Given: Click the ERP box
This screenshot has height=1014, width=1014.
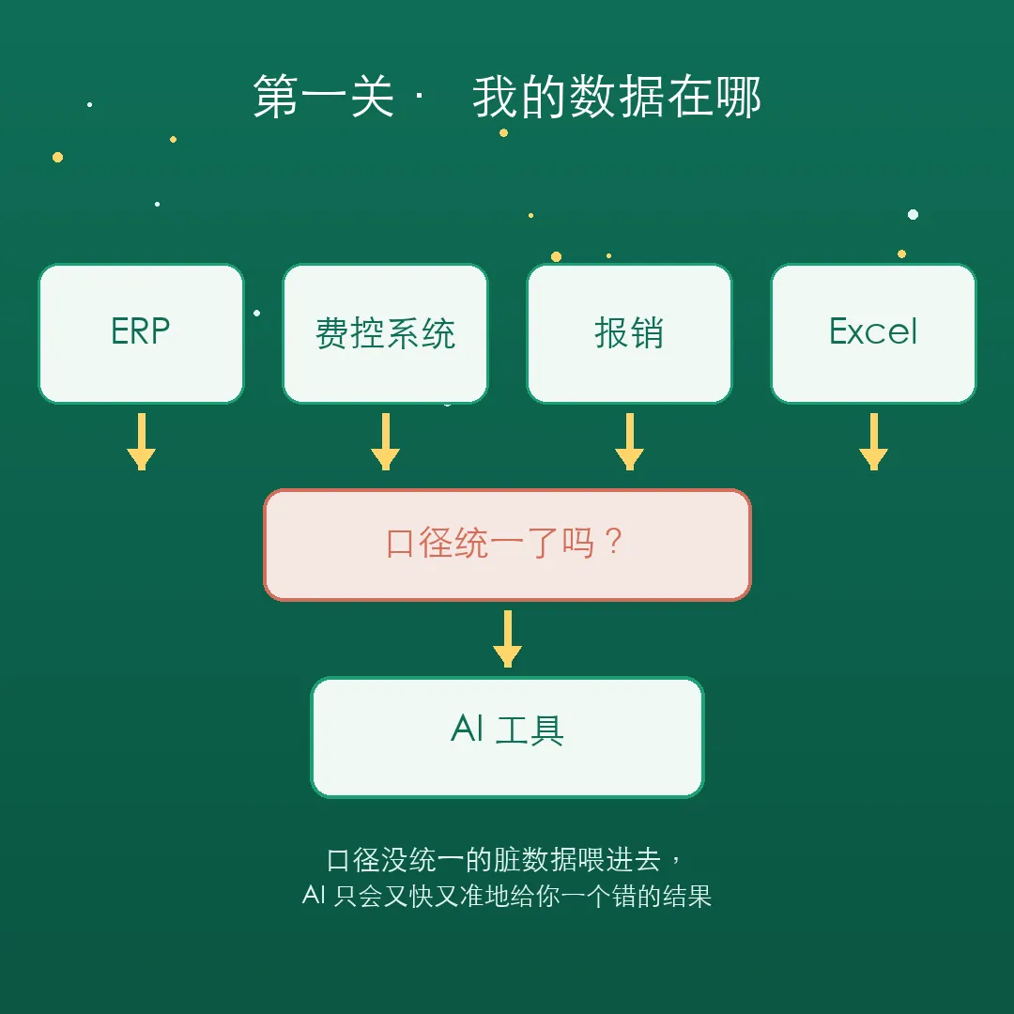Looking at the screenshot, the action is point(141,333).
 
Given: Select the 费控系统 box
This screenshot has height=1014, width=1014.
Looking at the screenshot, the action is point(386,333).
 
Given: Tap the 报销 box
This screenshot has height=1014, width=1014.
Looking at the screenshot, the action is point(629,333).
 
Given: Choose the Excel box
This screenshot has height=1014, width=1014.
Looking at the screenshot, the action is point(874,333).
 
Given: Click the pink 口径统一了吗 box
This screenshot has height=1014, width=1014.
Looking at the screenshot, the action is point(507,545).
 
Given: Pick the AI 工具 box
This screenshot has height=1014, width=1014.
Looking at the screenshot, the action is point(507,737).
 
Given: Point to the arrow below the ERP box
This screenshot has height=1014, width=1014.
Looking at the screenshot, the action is point(141,441).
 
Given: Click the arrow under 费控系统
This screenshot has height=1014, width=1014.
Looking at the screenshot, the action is point(386,441).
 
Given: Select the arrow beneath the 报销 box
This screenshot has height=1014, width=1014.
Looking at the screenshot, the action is point(629,441).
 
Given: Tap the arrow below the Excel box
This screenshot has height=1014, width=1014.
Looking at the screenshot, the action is point(874,441).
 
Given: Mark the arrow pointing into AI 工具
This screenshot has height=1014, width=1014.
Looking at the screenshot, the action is point(508,638).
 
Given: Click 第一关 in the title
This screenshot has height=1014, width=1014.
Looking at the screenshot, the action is point(323,97).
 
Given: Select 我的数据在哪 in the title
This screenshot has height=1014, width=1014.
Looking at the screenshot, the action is point(617,97).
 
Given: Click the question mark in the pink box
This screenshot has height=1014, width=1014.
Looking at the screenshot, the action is point(614,542).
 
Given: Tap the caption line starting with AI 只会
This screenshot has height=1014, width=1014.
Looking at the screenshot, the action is point(507,897).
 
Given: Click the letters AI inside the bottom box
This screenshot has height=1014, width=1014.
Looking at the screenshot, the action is point(467,729).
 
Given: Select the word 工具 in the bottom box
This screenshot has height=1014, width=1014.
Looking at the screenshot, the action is point(530,730).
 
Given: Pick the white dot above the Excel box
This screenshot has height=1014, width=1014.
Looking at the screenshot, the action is point(914,215).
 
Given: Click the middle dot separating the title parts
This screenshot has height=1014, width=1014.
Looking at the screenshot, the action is point(420,97).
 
